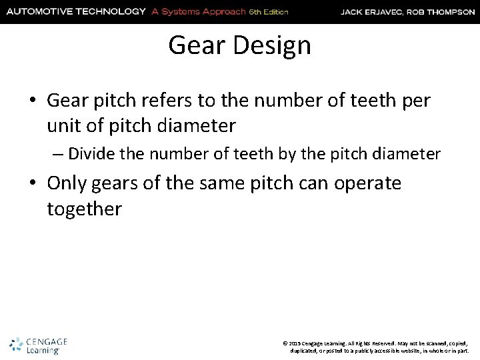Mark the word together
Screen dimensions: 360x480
(x=84, y=209)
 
